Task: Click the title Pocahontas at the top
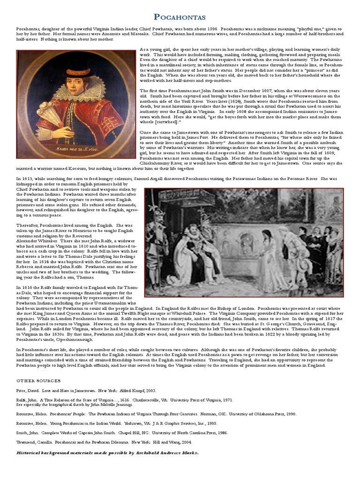pos(180,17)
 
